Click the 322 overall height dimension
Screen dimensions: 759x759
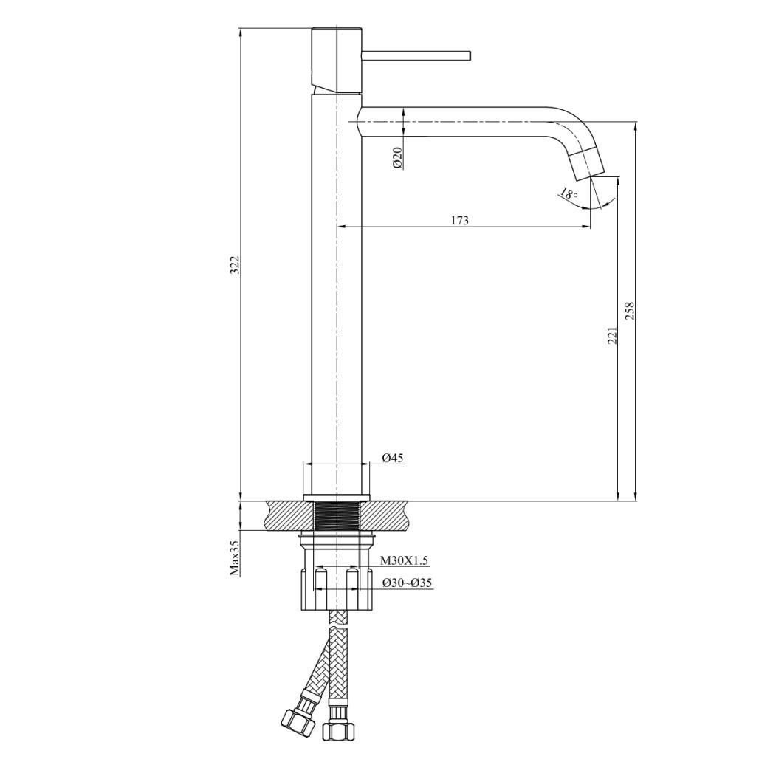click(235, 265)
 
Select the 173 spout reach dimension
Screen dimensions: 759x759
click(459, 220)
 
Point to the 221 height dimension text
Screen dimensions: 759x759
click(611, 335)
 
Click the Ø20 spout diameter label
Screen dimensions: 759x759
click(397, 157)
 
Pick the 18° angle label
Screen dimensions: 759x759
click(568, 194)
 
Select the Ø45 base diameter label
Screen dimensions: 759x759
click(393, 458)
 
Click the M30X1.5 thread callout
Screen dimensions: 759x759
click(404, 560)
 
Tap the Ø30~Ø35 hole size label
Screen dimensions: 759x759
click(407, 583)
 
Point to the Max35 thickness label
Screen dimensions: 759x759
click(235, 557)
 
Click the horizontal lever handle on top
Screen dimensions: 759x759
click(416, 55)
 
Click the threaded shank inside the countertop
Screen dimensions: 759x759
click(336, 515)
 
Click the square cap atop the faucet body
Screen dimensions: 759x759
click(336, 59)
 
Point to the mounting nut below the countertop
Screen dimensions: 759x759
click(337, 587)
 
